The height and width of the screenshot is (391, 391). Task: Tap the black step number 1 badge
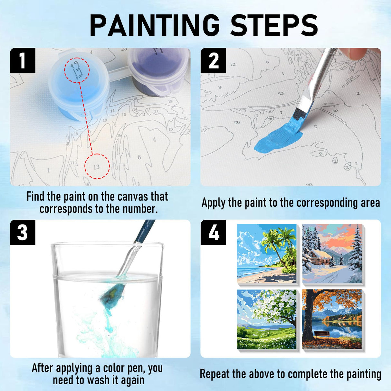point(23,61)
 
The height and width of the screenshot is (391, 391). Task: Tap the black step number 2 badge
point(213,61)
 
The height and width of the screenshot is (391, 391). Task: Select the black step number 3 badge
point(23,232)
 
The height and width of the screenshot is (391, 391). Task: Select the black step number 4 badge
point(213,232)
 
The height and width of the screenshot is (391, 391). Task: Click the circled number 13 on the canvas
point(97,167)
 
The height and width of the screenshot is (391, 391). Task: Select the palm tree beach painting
point(267,253)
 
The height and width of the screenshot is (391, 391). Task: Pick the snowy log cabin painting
point(332,253)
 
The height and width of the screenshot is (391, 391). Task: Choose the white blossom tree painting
point(267,319)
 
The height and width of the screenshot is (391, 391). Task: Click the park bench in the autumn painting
point(321,334)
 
